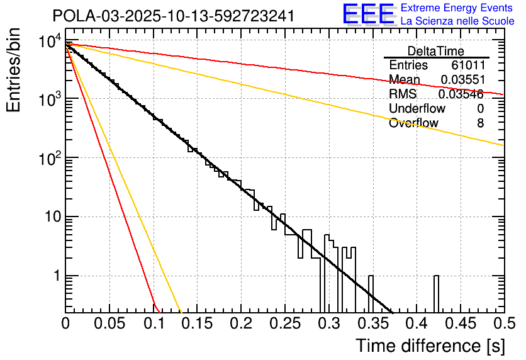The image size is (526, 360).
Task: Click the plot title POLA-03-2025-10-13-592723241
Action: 173,16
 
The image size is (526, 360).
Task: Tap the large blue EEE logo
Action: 368,15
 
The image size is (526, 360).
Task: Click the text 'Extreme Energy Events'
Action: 457,8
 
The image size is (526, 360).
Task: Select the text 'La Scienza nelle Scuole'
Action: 457,21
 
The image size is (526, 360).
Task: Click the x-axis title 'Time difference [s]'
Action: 429,346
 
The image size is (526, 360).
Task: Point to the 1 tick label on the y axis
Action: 55,276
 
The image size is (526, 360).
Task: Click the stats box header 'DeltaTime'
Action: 436,51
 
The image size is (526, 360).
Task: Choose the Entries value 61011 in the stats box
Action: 467,65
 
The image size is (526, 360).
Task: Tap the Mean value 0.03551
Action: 462,80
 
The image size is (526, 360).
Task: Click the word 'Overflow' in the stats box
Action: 413,123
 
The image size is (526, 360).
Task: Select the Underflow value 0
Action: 480,109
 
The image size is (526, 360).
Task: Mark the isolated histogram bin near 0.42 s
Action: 436,293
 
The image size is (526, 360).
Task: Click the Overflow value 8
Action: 480,123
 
